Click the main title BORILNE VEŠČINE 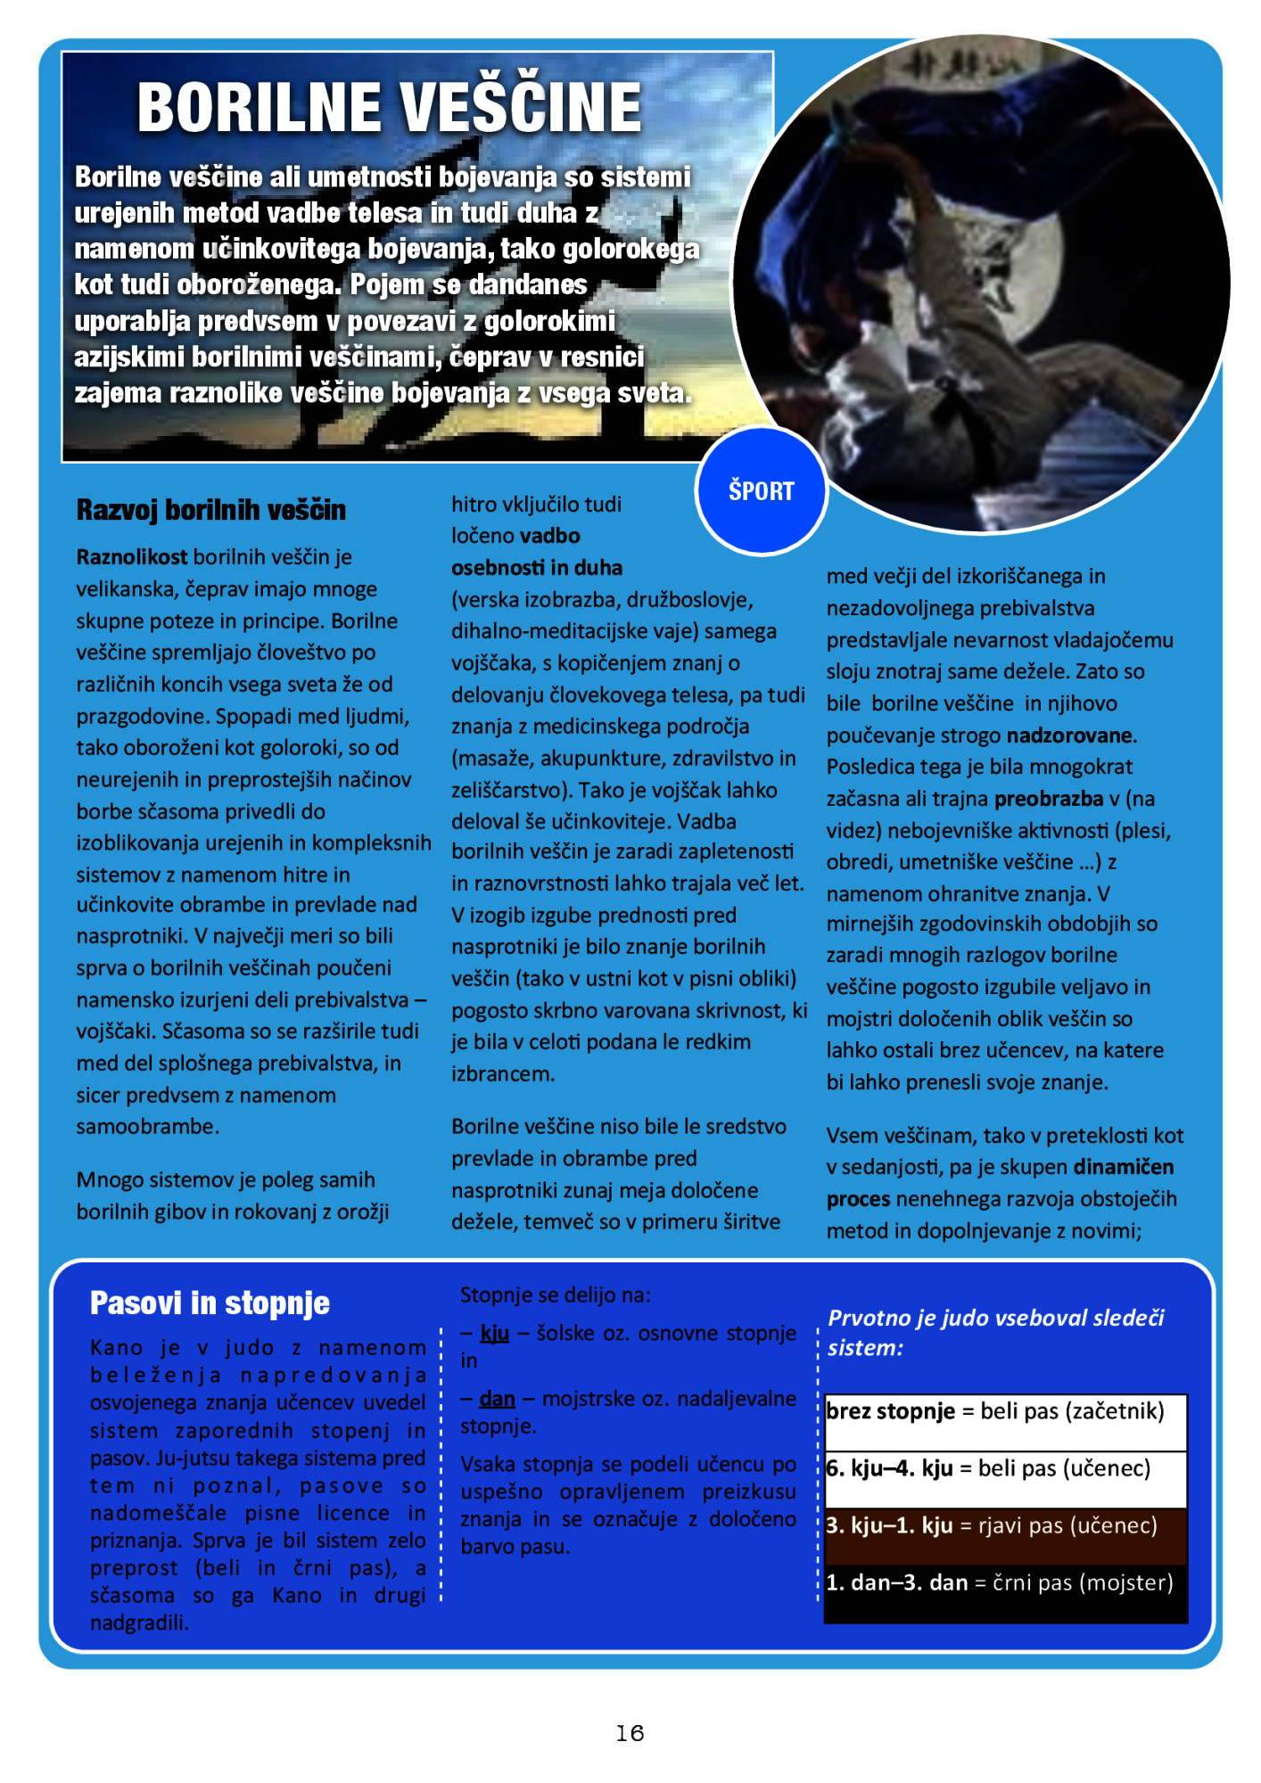[x=390, y=108]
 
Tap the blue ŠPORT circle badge [x=761, y=491]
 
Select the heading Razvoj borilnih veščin [x=210, y=510]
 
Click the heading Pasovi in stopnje [x=210, y=1303]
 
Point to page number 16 [x=630, y=1732]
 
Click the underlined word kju [x=494, y=1333]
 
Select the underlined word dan [x=497, y=1399]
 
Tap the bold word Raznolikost [x=132, y=557]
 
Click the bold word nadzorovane [x=1069, y=735]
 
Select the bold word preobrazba [x=1049, y=799]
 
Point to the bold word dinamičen [x=1123, y=1167]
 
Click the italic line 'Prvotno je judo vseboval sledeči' [x=995, y=1318]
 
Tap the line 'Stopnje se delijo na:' [x=556, y=1294]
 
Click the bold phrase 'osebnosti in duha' [x=537, y=568]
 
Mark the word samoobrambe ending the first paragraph [x=147, y=1127]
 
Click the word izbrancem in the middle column [x=502, y=1074]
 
